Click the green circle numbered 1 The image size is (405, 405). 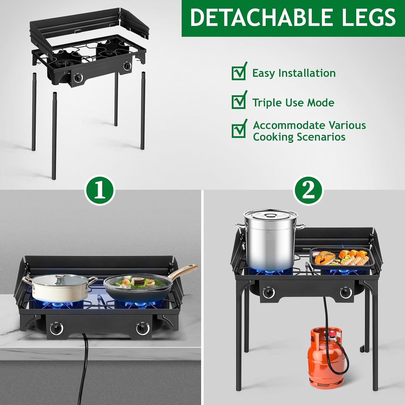coord(100,191)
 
